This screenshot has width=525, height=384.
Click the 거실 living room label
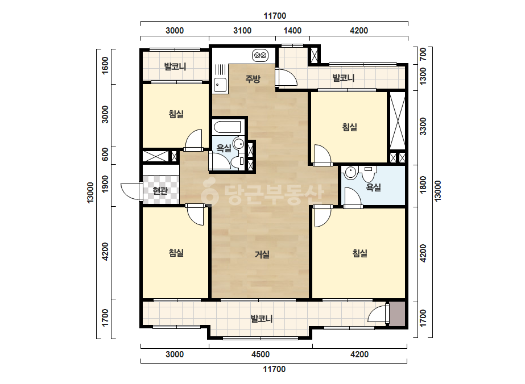(262, 254)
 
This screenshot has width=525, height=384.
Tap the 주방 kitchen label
(253, 79)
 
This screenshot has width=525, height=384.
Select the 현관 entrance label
(160, 191)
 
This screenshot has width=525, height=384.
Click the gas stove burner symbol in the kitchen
(260, 55)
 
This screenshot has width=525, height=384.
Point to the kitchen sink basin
(220, 85)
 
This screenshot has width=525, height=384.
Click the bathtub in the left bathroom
(227, 127)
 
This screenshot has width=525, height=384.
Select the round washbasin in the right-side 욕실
(350, 173)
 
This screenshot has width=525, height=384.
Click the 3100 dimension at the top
(242, 31)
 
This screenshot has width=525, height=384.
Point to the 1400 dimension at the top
(292, 31)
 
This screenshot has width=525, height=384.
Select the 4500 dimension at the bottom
(261, 354)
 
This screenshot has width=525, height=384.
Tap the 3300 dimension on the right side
(423, 127)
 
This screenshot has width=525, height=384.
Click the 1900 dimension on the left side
(105, 184)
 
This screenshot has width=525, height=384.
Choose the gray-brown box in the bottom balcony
(398, 314)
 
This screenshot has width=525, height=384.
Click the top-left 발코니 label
(175, 66)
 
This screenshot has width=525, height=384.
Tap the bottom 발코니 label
(262, 319)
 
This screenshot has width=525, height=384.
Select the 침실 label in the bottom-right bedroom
(360, 253)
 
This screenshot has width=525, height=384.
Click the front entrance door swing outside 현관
(131, 191)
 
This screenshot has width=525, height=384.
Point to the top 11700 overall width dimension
(275, 16)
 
